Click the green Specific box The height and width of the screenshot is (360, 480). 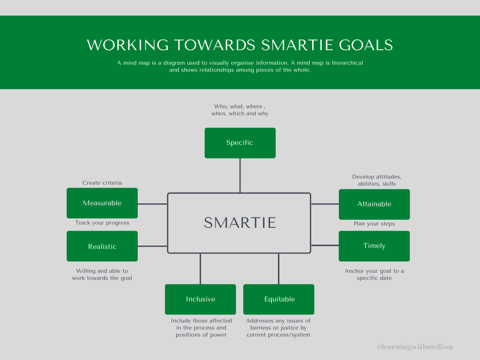click(240, 143)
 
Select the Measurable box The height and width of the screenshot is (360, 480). click(102, 203)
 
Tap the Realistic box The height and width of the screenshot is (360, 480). click(102, 246)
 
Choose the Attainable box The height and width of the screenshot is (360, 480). click(374, 204)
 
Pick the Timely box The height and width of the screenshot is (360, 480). click(374, 246)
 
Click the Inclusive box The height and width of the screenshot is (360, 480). click(200, 299)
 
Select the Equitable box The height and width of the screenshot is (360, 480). click(279, 299)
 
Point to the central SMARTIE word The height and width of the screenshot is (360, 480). click(240, 223)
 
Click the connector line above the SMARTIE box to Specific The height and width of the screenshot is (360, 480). click(240, 175)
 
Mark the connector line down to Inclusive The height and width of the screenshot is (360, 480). click(201, 269)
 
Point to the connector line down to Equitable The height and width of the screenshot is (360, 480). click(279, 269)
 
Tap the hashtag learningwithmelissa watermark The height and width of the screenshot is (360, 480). click(415, 347)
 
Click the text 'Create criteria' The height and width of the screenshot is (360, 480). click(102, 183)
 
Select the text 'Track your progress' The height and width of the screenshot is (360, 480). click(102, 223)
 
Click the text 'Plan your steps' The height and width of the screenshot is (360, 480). click(374, 224)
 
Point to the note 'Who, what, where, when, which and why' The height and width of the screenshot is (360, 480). click(240, 110)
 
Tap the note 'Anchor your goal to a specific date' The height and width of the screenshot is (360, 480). click(374, 275)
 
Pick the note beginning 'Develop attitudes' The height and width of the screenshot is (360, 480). click(376, 180)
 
